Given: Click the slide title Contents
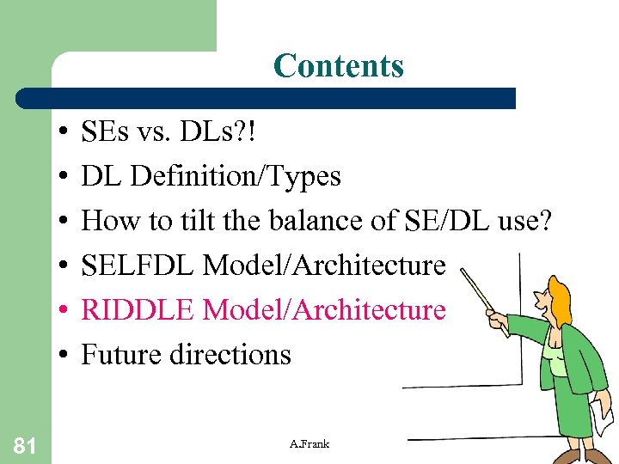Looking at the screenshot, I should point(338,65).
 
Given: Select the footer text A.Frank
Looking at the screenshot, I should point(309,443).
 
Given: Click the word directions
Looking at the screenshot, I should point(235,354).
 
